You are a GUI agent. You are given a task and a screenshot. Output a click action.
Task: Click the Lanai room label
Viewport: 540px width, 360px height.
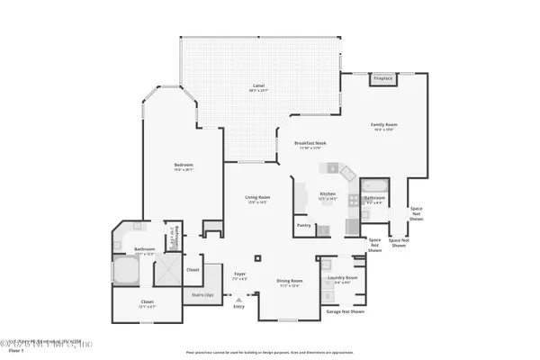[257, 87]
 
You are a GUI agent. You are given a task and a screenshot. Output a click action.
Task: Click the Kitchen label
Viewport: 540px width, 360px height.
[328, 193]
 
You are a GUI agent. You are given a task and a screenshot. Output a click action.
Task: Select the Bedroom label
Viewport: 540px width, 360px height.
[184, 165]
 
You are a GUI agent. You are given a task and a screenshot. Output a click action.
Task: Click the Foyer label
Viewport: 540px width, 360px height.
[239, 274]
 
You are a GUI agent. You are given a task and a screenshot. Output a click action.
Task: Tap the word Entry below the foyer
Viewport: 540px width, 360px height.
[238, 307]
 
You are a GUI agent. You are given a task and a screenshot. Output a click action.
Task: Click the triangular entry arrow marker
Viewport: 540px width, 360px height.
[238, 299]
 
